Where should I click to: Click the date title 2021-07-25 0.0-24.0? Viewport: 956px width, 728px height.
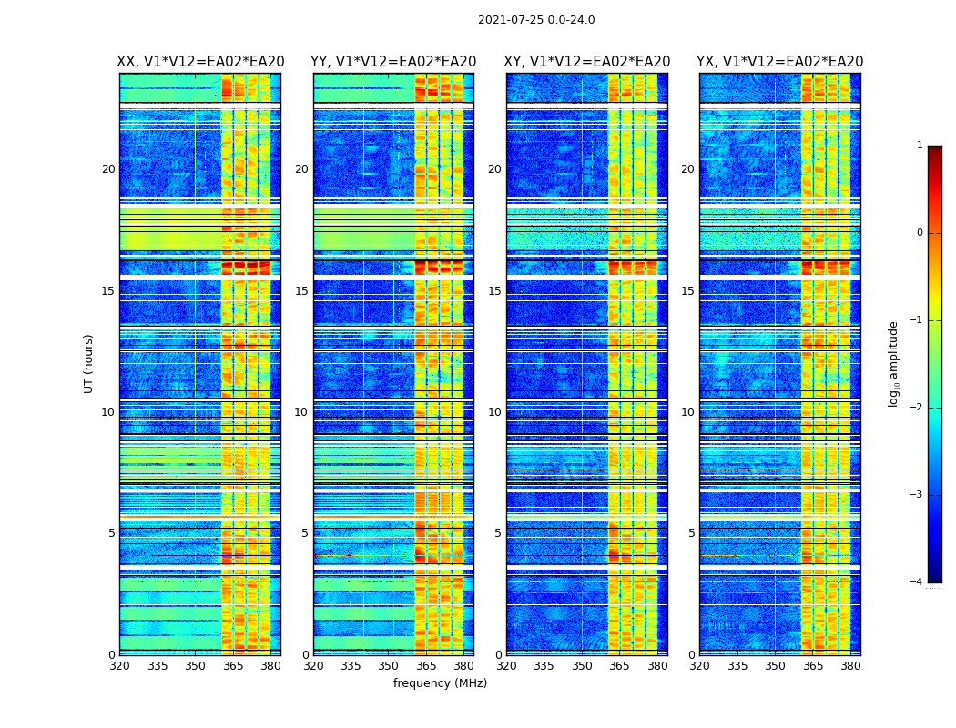pyautogui.click(x=536, y=20)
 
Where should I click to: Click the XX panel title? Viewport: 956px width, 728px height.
pyautogui.click(x=200, y=62)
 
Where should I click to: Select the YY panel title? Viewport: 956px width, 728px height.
pyautogui.click(x=393, y=62)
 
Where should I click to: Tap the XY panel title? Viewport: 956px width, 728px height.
pyautogui.click(x=587, y=62)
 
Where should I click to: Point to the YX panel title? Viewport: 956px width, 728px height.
pyautogui.click(x=780, y=62)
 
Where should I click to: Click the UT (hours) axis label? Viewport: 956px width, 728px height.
pyautogui.click(x=88, y=363)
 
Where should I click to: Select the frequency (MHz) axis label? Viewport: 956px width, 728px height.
pyautogui.click(x=440, y=683)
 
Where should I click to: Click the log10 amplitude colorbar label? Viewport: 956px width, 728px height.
pyautogui.click(x=894, y=364)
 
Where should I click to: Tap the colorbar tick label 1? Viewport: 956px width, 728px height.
pyautogui.click(x=920, y=146)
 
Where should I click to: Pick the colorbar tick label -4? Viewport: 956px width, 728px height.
pyautogui.click(x=917, y=582)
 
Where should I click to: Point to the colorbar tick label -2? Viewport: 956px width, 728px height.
pyautogui.click(x=917, y=408)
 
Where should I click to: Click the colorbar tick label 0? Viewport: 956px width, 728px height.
pyautogui.click(x=920, y=233)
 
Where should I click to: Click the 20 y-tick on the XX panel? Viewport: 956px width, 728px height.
pyautogui.click(x=108, y=169)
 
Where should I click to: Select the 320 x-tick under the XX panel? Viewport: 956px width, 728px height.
pyautogui.click(x=119, y=666)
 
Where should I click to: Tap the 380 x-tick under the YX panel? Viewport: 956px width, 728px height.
pyautogui.click(x=850, y=666)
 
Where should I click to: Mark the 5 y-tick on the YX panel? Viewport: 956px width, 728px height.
pyautogui.click(x=691, y=533)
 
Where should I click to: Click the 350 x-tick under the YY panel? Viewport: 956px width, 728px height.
pyautogui.click(x=389, y=666)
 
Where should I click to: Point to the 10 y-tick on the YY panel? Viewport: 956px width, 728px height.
pyautogui.click(x=301, y=412)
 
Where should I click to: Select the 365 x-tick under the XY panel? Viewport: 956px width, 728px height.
pyautogui.click(x=620, y=666)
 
